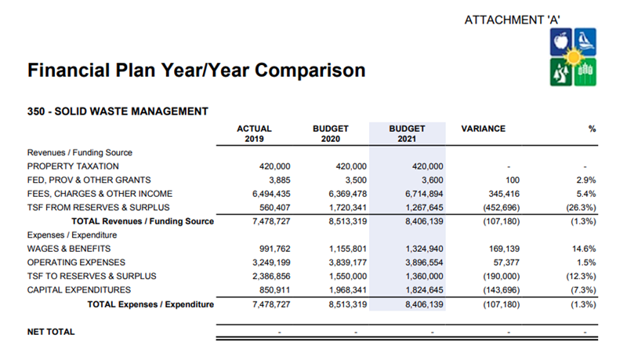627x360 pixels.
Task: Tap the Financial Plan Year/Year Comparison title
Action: (x=196, y=71)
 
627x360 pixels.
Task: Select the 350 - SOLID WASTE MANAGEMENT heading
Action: (x=118, y=111)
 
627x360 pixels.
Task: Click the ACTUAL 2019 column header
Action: (x=254, y=133)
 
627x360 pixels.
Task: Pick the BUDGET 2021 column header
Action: (x=407, y=133)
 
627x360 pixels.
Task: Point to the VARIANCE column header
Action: (x=484, y=129)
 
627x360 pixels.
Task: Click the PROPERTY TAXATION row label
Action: (x=73, y=166)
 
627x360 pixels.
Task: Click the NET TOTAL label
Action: (x=51, y=332)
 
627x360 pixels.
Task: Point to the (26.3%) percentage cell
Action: (x=581, y=207)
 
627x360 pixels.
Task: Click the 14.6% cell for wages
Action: (x=584, y=248)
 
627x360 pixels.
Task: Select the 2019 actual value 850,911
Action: (x=270, y=289)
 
